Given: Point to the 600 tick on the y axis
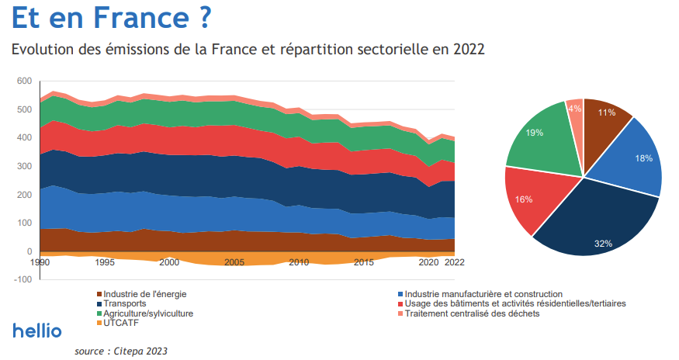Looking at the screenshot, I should [24, 81].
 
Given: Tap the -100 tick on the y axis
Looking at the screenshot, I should [23, 279].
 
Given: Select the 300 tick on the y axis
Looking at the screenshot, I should [24, 166].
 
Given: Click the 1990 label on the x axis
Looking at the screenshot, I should [40, 262].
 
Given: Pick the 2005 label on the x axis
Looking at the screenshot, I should [234, 262].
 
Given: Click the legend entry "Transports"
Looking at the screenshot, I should [124, 303].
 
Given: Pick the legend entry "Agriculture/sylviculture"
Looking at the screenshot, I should [147, 313].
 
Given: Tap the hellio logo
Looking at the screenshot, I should [37, 331].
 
